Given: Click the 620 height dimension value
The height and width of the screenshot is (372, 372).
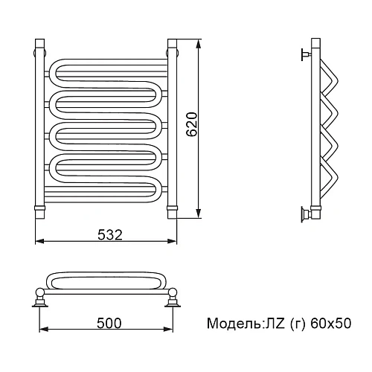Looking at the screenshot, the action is pos(192,124).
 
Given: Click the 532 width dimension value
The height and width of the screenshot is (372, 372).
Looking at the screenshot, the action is pos(110,234).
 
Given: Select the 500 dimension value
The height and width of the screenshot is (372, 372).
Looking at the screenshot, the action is pos(109,323).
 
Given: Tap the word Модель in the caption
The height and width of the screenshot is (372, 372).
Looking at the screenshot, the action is pos(234,323).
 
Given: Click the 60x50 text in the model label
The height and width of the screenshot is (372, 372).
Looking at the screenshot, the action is pos(330,324).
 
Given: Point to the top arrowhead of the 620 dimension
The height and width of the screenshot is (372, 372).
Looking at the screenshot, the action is pos(198,44).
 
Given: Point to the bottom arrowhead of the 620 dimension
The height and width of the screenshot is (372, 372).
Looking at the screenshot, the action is pos(198,214).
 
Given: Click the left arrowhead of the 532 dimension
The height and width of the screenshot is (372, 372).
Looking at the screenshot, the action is pos(40,241).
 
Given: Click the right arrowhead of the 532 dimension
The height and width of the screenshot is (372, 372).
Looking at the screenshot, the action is pos(172,241).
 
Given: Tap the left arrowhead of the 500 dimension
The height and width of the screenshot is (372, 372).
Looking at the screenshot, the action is pos(44,329).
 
